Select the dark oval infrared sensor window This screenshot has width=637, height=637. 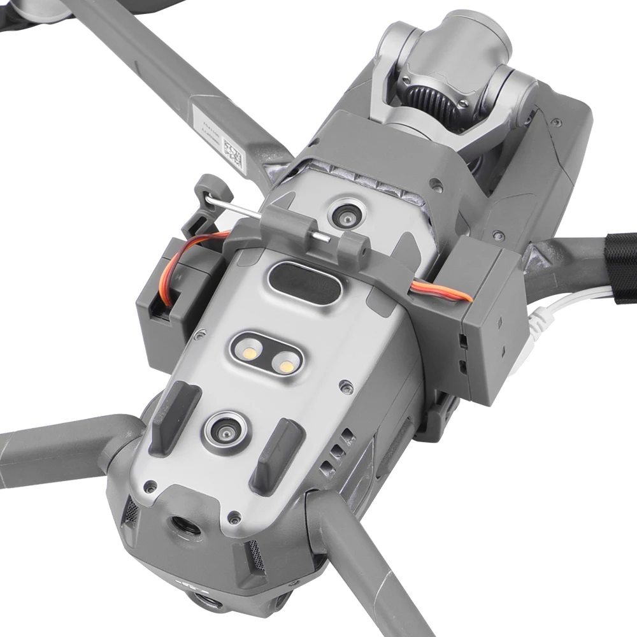click(304, 280)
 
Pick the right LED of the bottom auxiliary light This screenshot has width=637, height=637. click(284, 364)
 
